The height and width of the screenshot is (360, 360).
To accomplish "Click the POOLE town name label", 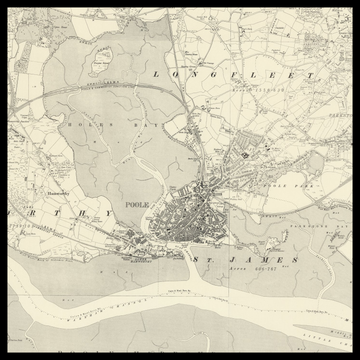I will click(x=136, y=204).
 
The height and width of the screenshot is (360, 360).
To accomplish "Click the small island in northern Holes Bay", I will click(x=99, y=62).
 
